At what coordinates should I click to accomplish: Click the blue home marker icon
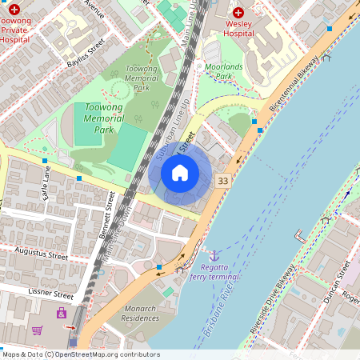tap(180, 173)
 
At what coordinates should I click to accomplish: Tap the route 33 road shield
tap(223, 182)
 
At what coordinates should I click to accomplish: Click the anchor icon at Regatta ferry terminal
tap(214, 254)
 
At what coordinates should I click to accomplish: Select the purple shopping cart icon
tap(36, 330)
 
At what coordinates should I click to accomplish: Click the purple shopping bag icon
tap(62, 314)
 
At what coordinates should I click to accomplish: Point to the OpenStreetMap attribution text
tap(80, 354)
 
